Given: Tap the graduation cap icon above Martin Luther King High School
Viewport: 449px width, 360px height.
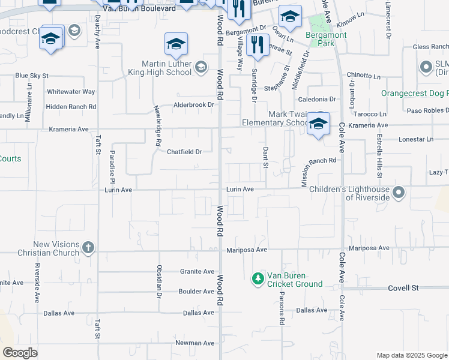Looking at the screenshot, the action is click(176, 44).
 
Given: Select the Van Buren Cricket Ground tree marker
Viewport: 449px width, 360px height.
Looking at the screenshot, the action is click(258, 278).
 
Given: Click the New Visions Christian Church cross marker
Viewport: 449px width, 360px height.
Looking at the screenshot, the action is click(88, 247).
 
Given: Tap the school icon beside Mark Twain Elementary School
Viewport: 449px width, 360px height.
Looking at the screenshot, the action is click(319, 124).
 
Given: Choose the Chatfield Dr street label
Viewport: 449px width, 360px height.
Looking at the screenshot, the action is click(184, 152).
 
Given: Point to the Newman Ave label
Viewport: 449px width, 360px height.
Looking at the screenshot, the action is click(194, 343).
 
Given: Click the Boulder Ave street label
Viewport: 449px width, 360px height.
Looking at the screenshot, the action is click(196, 292).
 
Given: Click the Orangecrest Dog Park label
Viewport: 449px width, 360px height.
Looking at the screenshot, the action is click(414, 93).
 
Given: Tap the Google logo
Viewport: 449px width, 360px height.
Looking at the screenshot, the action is click(20, 352).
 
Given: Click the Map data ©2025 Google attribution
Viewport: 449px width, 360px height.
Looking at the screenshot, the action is click(411, 355).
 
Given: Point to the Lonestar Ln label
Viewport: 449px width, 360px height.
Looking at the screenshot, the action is click(415, 139).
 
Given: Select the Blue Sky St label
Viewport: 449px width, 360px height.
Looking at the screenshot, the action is click(31, 76).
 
